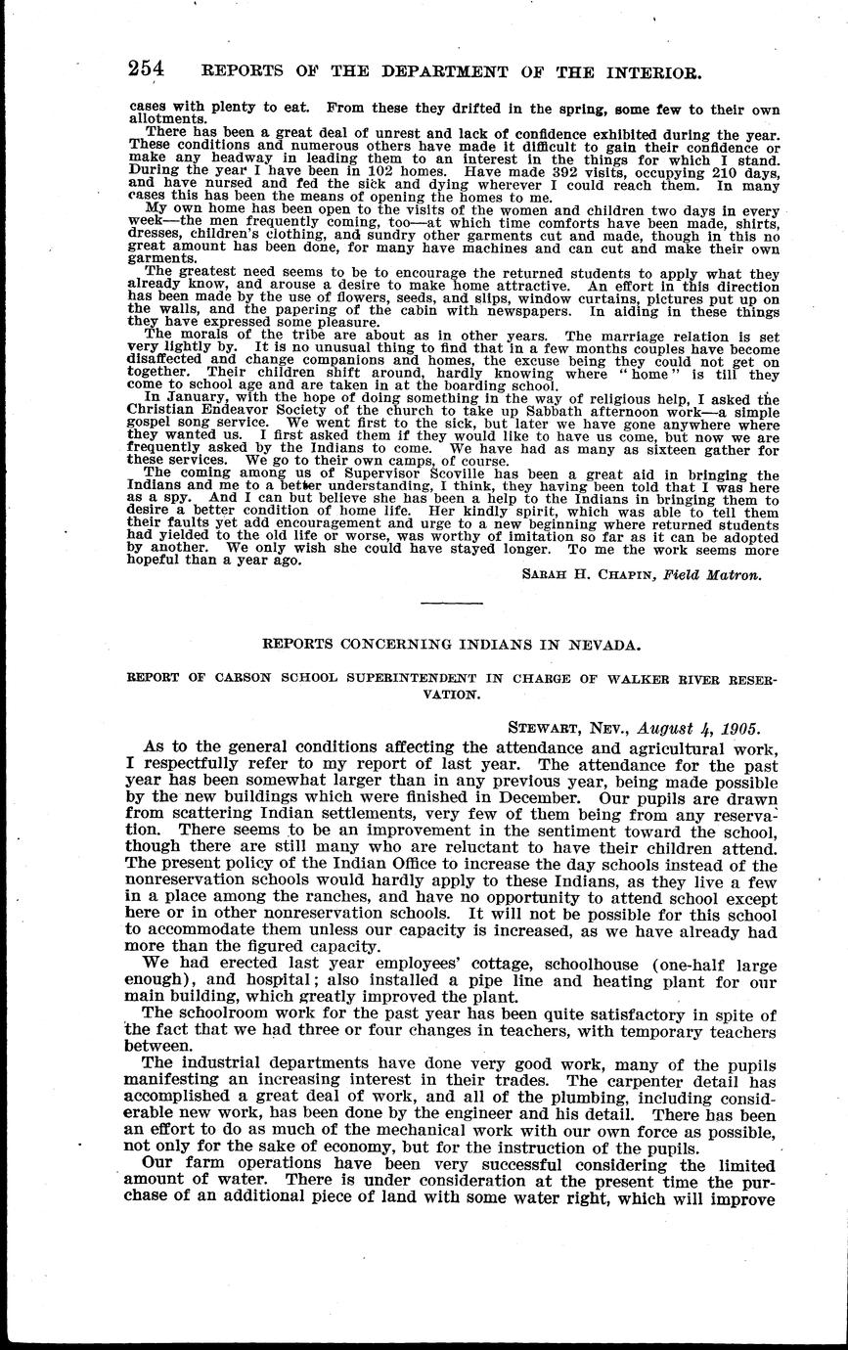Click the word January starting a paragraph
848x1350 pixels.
click(193, 397)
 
